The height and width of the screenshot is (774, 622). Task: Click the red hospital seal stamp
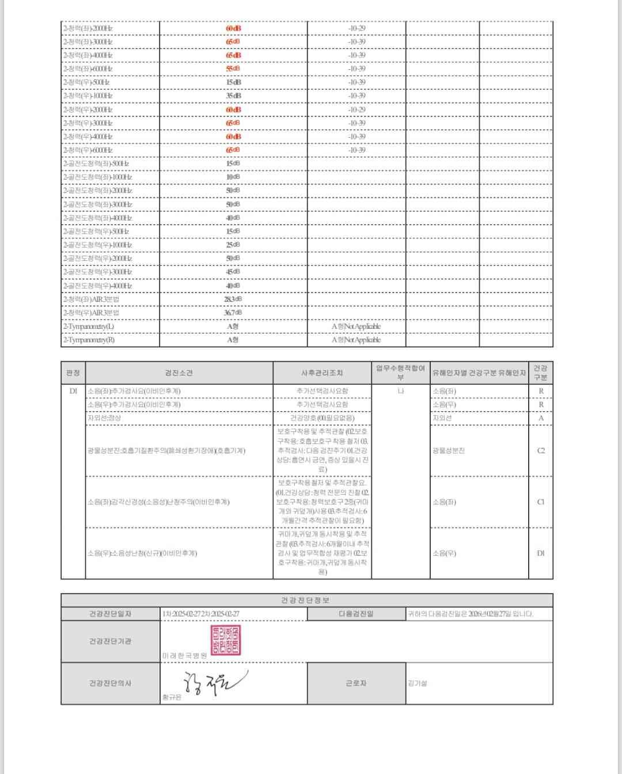226,640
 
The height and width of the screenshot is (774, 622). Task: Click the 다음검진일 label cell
356,614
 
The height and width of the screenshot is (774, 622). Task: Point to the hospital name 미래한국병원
184,656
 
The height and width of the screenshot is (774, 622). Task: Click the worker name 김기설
418,684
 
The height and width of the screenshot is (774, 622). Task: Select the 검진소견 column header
179,373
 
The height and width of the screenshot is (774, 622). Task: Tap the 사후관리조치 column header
322,373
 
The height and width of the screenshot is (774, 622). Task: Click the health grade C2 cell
541,450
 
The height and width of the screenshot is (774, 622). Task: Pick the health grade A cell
541,418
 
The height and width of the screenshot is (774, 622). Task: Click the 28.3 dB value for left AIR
233,299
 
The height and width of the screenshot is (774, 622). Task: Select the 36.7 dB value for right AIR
233,313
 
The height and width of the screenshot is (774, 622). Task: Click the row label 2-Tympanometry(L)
89,327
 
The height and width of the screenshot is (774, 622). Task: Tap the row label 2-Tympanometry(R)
89,340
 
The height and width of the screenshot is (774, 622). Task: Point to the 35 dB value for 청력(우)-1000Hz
233,96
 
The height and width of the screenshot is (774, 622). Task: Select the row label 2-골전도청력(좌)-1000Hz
97,177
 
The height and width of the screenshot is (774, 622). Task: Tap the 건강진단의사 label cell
110,683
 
